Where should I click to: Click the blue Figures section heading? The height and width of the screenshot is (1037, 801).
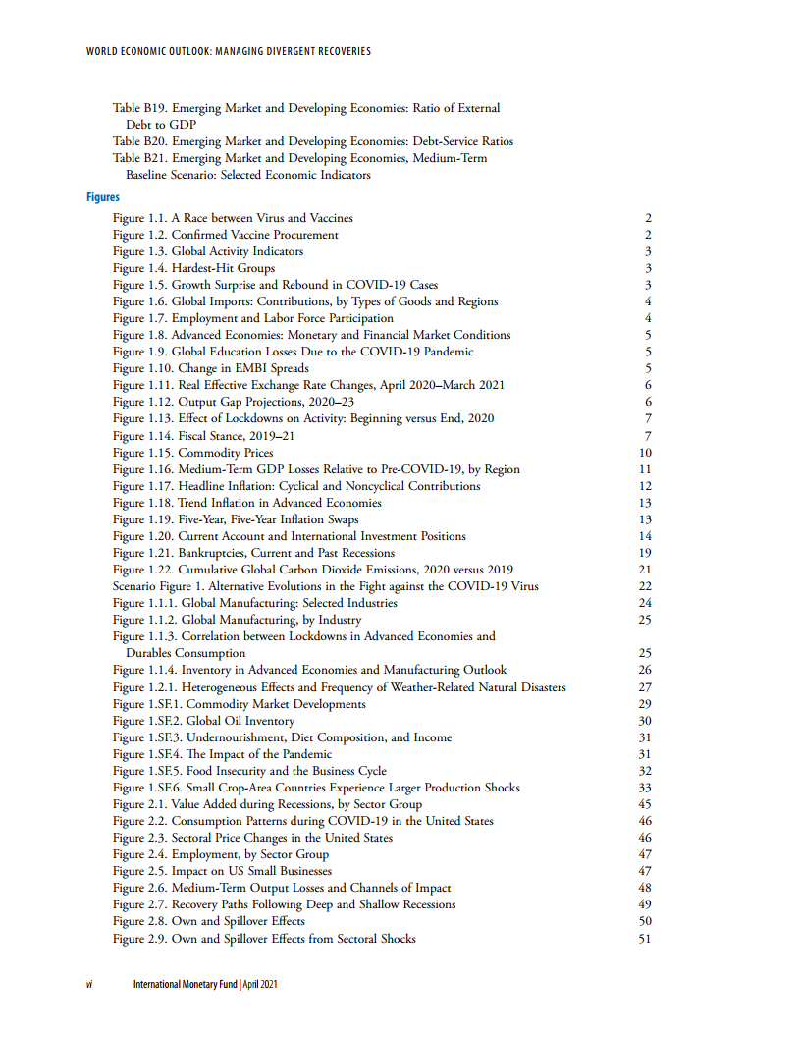(102, 197)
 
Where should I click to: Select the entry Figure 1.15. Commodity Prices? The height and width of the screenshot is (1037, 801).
(192, 453)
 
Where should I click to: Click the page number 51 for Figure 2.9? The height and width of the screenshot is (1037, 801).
(645, 939)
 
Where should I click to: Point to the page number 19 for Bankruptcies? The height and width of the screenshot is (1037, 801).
(645, 553)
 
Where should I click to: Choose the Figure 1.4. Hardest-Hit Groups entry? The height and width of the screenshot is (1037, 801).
(193, 268)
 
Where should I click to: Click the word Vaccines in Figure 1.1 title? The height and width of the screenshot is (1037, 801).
(333, 218)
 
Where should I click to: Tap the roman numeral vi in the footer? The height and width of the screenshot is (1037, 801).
(88, 985)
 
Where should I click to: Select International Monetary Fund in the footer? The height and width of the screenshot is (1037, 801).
(185, 985)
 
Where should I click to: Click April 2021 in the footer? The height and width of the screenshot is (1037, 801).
(259, 985)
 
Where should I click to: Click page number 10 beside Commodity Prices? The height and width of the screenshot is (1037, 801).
(645, 453)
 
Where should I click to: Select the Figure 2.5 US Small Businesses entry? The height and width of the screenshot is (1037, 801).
(222, 871)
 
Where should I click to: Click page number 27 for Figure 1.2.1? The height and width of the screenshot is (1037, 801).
(645, 687)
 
